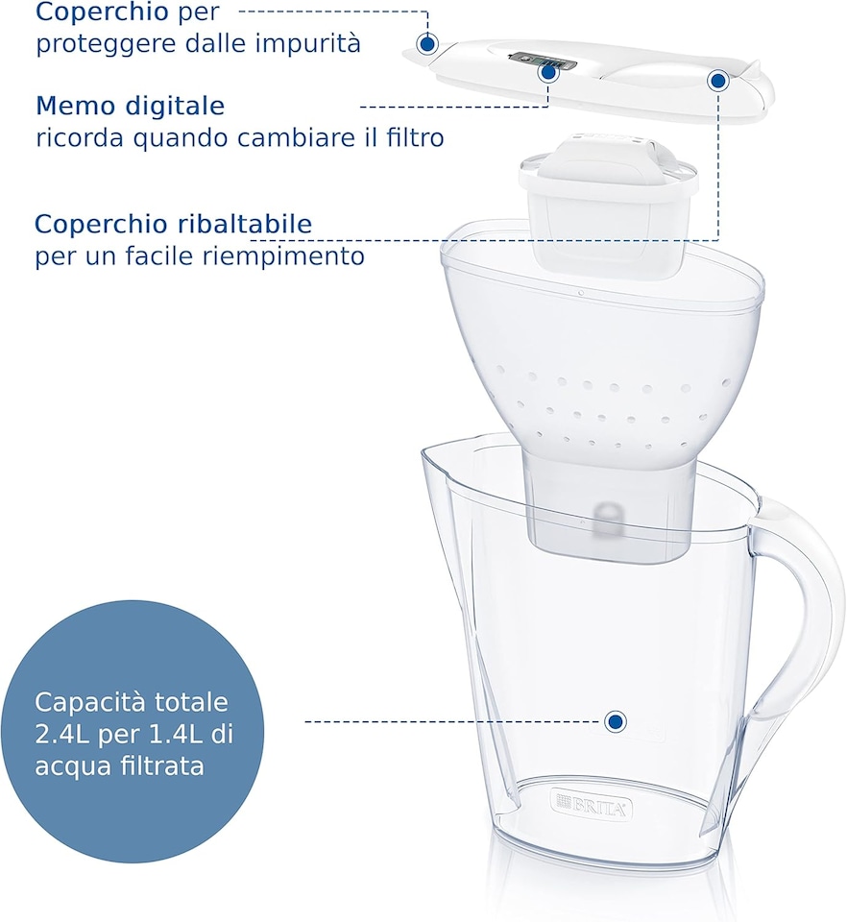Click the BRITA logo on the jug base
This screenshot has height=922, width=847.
pyautogui.click(x=592, y=805)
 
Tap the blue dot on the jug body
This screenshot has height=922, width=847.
pyautogui.click(x=615, y=720)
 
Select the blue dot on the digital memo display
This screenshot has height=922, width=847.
pyautogui.click(x=548, y=70)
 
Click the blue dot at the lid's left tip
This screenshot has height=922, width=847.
pyautogui.click(x=427, y=43)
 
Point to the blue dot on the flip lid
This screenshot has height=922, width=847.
pyautogui.click(x=716, y=81)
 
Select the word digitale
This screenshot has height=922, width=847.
pyautogui.click(x=176, y=106)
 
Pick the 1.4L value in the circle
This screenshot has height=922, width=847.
pyautogui.click(x=174, y=735)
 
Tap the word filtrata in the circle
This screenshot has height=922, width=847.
pyautogui.click(x=162, y=766)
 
